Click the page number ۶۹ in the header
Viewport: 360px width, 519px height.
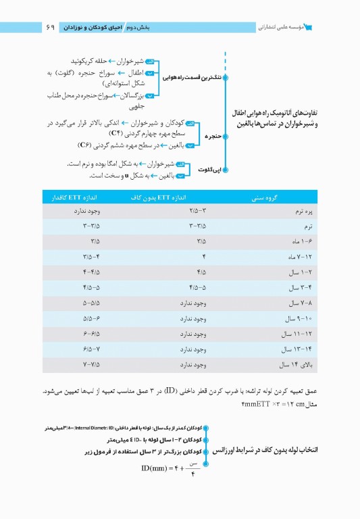pyautogui.click(x=50, y=28)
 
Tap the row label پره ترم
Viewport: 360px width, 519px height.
pyautogui.click(x=297, y=212)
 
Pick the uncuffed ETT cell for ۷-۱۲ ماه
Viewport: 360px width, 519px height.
pyautogui.click(x=184, y=257)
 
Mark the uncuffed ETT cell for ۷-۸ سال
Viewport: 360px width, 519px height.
pyautogui.click(x=184, y=303)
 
